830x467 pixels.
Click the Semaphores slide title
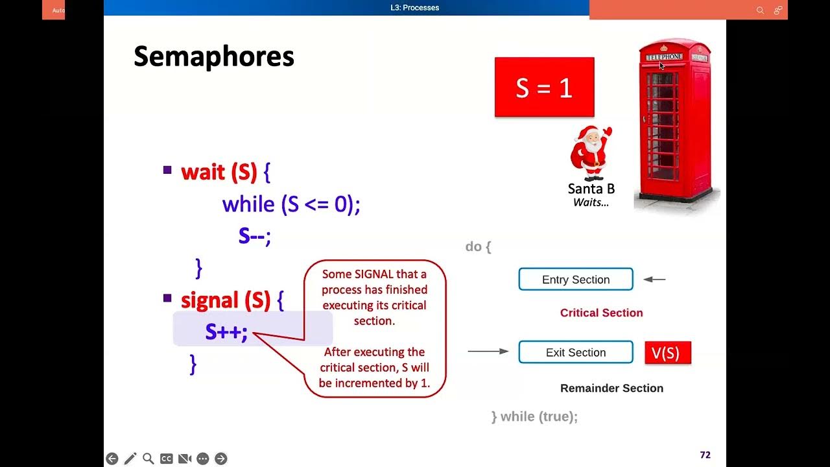coord(213,57)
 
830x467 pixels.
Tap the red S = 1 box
coord(544,88)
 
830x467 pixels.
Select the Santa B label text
coord(591,189)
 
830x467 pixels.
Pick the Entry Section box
coord(575,280)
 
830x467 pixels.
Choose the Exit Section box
coord(575,352)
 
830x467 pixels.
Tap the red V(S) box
coord(667,353)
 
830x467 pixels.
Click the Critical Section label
coord(601,313)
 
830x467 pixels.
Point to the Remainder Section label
coord(611,388)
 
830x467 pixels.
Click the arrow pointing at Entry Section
coord(654,280)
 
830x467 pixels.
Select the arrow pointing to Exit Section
coord(488,352)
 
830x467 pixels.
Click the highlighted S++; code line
coord(226,331)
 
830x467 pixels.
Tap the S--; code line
coord(254,235)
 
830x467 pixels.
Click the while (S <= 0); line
coord(290,204)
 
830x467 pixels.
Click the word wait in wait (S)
coord(203,172)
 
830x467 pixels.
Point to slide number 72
coord(705,455)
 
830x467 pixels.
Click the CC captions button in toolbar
coord(167,459)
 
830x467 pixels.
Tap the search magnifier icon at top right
coord(760,10)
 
